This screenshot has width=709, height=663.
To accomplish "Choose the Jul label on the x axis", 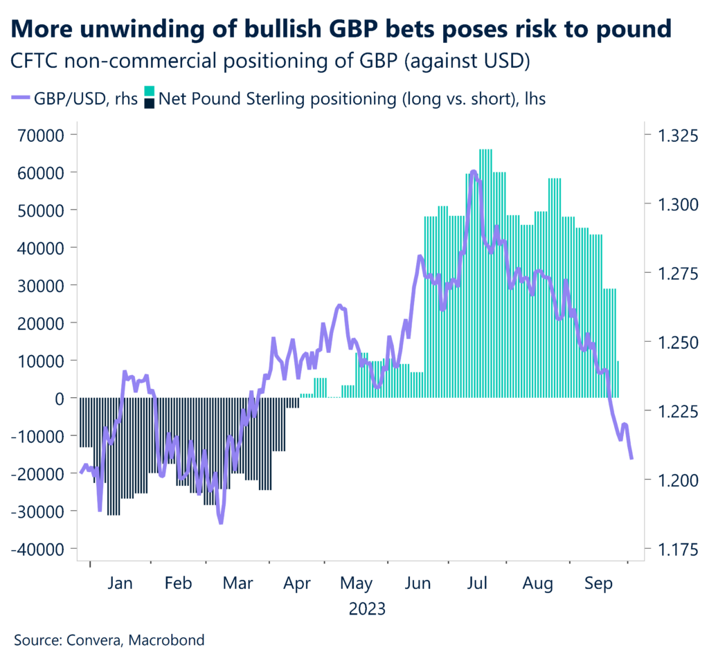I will point(478,584).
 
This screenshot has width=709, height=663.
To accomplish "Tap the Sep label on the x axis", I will point(598,584).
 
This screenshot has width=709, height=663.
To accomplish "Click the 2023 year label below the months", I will point(366,610).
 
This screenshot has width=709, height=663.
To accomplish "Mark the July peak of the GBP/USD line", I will point(473,171).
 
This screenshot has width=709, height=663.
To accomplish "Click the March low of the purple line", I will point(221,523).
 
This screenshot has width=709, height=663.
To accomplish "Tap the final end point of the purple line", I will point(631,458).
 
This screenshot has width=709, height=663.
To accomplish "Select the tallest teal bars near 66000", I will point(485,150).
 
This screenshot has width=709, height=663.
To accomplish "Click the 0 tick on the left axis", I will point(65,398).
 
